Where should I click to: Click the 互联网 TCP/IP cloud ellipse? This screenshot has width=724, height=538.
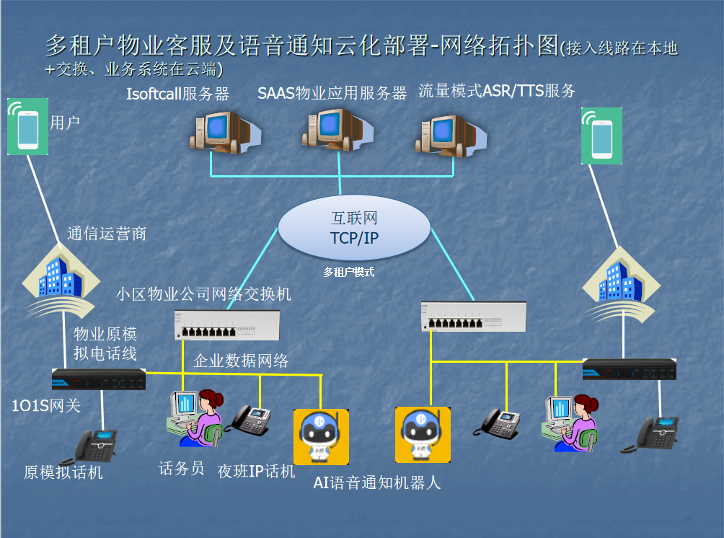[353, 227]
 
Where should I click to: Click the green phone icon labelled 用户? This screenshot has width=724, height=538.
[27, 128]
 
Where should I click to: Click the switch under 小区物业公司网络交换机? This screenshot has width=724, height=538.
[226, 325]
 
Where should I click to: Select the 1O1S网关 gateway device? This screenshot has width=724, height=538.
[99, 379]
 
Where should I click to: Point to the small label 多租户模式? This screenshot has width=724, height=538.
[349, 273]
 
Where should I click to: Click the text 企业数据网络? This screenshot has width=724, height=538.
[241, 361]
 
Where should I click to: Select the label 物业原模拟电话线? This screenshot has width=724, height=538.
[105, 344]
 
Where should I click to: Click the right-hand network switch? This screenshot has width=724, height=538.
[473, 317]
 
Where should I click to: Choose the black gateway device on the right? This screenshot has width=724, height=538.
[630, 369]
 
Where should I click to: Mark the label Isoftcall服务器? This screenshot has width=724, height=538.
[177, 93]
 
